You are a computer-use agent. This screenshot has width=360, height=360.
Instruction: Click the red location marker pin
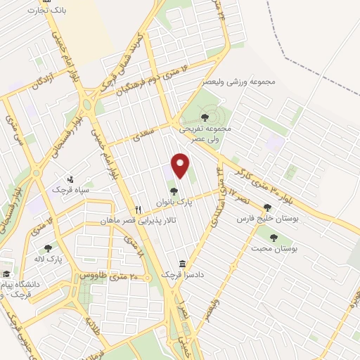click(x=181, y=165)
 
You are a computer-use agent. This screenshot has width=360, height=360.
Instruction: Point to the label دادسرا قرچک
click(x=183, y=275)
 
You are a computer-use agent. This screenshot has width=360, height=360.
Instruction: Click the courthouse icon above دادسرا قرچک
click(x=183, y=264)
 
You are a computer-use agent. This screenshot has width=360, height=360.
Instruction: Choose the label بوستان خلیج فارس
click(x=267, y=219)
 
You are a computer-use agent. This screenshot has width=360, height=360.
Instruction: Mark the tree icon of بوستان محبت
click(x=269, y=238)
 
